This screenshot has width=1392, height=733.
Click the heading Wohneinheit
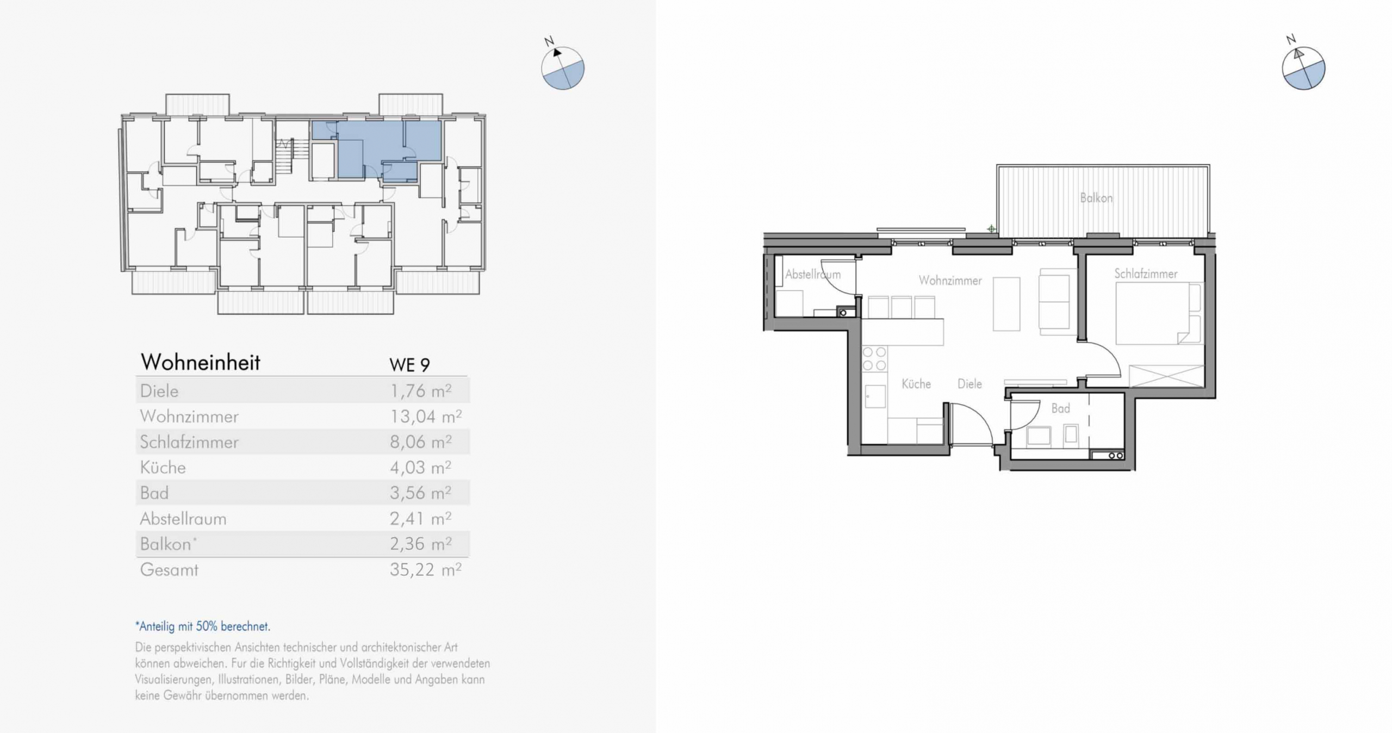click(201, 363)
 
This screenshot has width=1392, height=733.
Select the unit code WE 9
click(409, 365)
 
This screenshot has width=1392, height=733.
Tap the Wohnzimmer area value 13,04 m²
click(426, 417)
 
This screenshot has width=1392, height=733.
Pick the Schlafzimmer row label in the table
click(189, 442)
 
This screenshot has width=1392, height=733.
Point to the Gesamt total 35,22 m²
click(426, 570)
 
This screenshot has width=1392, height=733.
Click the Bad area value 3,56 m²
click(420, 493)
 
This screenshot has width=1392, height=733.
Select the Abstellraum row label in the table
click(183, 519)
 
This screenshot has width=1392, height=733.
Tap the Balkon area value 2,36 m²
click(420, 544)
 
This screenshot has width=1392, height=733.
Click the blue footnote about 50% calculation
click(203, 626)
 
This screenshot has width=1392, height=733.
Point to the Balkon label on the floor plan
click(1096, 198)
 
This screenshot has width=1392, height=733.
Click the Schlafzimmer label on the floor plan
click(1146, 274)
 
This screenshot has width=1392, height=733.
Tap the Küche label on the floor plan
click(916, 384)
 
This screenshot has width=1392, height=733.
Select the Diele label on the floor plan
click(970, 384)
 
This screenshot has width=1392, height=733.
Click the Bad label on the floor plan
click(1060, 408)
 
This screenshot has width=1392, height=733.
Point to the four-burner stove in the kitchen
click(874, 359)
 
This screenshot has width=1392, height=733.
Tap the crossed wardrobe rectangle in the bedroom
click(1166, 376)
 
